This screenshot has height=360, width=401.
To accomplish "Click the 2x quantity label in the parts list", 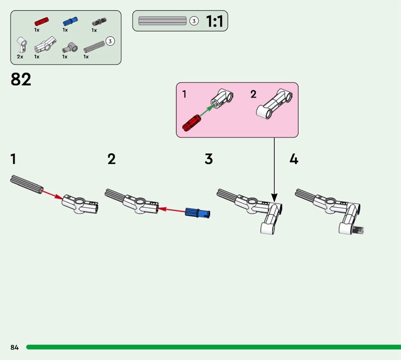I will [x=20, y=57].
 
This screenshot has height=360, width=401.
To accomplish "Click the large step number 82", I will [x=21, y=79].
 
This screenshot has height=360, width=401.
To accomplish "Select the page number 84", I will [x=14, y=347].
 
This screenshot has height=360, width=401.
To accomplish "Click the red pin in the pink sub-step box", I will [x=191, y=122].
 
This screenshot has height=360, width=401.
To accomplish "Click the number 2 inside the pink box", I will [x=253, y=94].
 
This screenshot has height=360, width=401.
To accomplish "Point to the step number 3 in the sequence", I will [x=209, y=159].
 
